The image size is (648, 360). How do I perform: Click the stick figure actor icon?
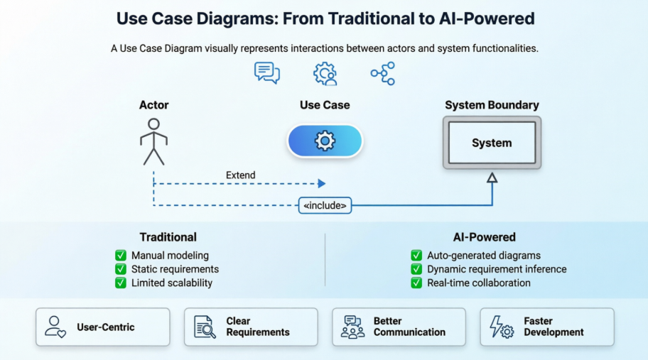153,141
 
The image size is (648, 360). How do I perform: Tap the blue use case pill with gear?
325,141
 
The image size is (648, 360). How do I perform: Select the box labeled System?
492,143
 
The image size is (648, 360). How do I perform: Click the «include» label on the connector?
325,206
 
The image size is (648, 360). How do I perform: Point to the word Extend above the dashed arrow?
241,175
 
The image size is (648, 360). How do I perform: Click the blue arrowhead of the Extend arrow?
321,184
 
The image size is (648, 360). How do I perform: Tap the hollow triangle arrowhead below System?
492,178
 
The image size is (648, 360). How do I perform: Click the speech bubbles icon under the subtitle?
267,73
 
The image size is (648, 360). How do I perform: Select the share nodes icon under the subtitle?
383,73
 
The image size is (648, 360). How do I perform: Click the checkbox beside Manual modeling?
121,256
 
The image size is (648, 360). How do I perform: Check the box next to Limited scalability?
121,283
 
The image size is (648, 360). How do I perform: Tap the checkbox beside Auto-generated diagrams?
416,256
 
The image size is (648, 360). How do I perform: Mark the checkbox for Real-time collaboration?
416,283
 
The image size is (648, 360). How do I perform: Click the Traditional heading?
168,237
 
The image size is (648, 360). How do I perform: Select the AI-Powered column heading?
484,237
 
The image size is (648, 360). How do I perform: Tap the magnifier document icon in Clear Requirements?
205,327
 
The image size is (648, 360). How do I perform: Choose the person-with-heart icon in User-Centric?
55,327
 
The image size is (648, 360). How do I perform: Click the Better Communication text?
409,327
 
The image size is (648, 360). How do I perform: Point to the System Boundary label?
492,105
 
